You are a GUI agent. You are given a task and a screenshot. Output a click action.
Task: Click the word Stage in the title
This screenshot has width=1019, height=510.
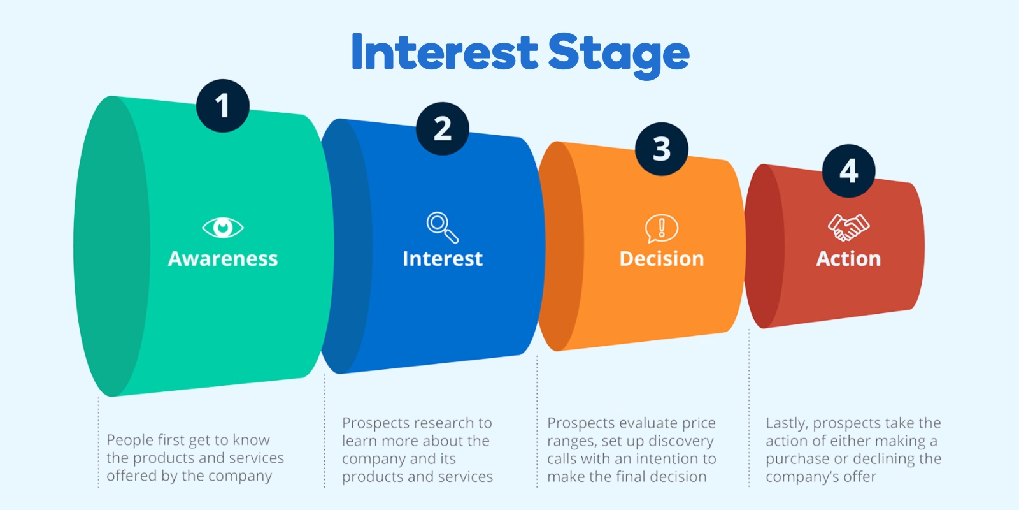tap(618, 54)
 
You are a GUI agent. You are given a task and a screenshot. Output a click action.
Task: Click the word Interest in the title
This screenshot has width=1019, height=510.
tap(445, 52)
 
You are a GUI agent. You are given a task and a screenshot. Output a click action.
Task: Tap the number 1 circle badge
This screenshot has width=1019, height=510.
tap(222, 106)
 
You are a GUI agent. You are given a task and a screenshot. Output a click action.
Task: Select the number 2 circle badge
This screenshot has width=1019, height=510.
tap(443, 129)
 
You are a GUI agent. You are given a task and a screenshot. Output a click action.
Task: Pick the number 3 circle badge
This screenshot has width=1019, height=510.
tap(662, 149)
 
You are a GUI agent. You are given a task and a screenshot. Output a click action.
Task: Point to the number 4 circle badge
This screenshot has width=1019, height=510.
tap(848, 171)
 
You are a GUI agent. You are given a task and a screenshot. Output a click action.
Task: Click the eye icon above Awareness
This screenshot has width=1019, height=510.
tap(223, 227)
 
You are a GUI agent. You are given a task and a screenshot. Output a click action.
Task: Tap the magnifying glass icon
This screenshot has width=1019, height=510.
tap(442, 227)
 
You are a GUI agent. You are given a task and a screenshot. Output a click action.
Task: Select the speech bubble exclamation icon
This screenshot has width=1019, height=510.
tap(662, 228)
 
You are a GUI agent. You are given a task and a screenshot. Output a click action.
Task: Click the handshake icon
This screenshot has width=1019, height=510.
tap(848, 227)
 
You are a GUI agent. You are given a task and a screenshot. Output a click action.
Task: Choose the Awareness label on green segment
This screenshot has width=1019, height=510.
tap(223, 259)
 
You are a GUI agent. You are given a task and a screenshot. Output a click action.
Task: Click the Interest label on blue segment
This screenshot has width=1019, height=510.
tap(442, 259)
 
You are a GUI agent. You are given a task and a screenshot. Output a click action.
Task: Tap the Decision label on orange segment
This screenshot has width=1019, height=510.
tap(662, 259)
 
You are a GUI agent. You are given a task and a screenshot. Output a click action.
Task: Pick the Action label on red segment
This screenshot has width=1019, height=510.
tap(848, 259)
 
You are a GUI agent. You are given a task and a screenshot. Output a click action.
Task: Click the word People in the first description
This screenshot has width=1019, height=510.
tap(130, 441)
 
